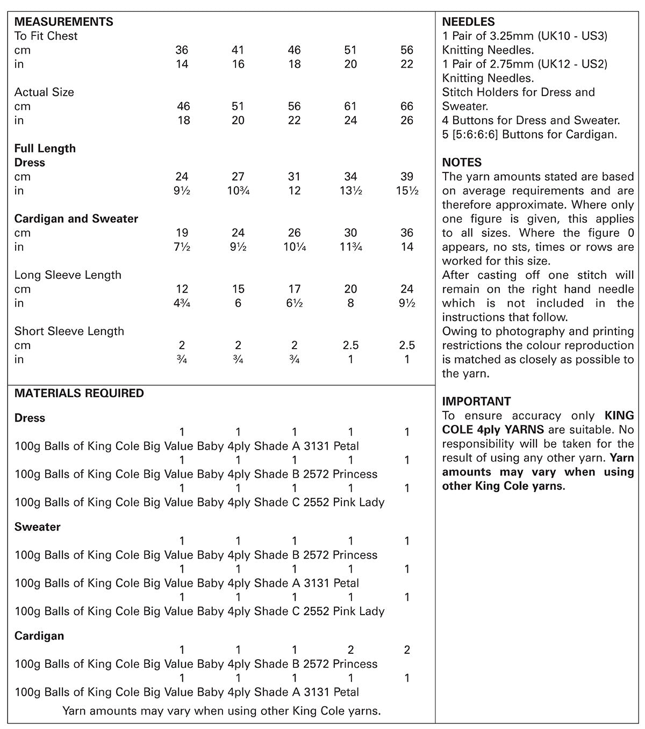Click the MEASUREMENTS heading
pos(63,22)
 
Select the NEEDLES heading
pos(468,22)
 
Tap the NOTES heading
pos(462,162)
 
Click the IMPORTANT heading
pos(476,401)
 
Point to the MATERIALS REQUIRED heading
pos(79,393)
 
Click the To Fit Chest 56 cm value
pos(407,50)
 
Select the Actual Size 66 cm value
pos(407,106)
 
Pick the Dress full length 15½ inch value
pos(407,191)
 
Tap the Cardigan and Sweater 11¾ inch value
pos(350,247)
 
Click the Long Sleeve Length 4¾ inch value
pos(182,303)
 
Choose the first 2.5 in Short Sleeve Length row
pos(350,345)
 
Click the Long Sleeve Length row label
pos(68,275)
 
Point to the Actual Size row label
pos(44,92)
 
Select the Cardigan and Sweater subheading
pos(76,219)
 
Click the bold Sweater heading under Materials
pos(37,527)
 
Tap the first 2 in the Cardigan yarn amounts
pos(350,650)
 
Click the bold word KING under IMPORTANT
pos(619,415)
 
